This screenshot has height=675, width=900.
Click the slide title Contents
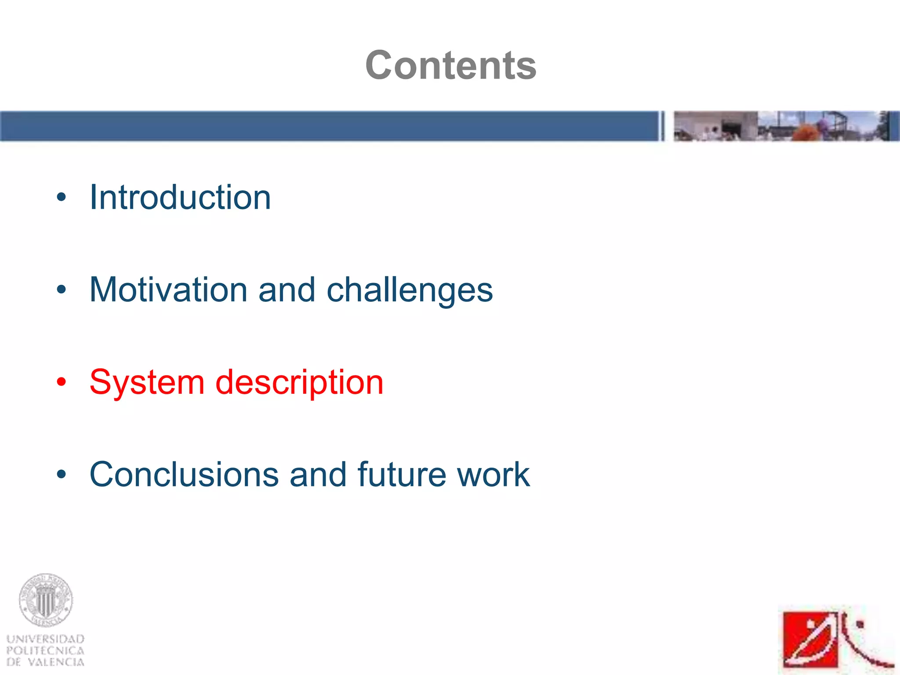(x=450, y=65)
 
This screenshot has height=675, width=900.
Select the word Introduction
(x=180, y=197)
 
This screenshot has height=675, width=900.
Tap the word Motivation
(x=168, y=290)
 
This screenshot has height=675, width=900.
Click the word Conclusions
(x=184, y=475)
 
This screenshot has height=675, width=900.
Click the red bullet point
(x=61, y=382)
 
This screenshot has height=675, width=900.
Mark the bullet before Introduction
(x=61, y=197)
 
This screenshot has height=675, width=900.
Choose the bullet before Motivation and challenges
(x=61, y=290)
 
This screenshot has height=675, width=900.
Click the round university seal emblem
(x=46, y=600)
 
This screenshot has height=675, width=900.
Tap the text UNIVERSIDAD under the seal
(x=46, y=639)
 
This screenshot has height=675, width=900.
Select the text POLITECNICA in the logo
(x=46, y=651)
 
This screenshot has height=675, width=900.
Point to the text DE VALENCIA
(x=46, y=662)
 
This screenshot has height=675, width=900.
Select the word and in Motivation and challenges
(x=287, y=290)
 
